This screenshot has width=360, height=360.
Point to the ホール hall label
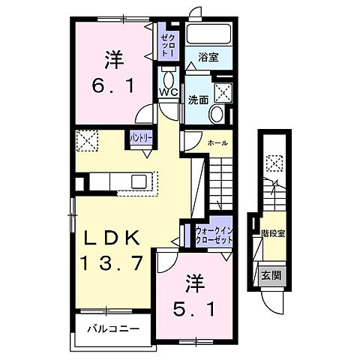(218, 142)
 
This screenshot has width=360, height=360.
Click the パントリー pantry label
(141, 139)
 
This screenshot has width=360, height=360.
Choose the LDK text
(110, 238)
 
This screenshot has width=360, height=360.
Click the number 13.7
(110, 263)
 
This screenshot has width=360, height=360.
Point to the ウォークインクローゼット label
(212, 236)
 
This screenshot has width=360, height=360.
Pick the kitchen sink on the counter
(139, 181)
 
